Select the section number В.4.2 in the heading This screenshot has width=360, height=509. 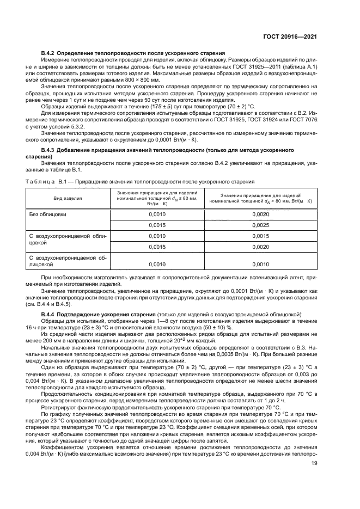click(50, 53)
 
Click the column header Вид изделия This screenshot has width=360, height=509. click(68, 199)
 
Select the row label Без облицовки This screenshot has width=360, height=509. click(48, 214)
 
